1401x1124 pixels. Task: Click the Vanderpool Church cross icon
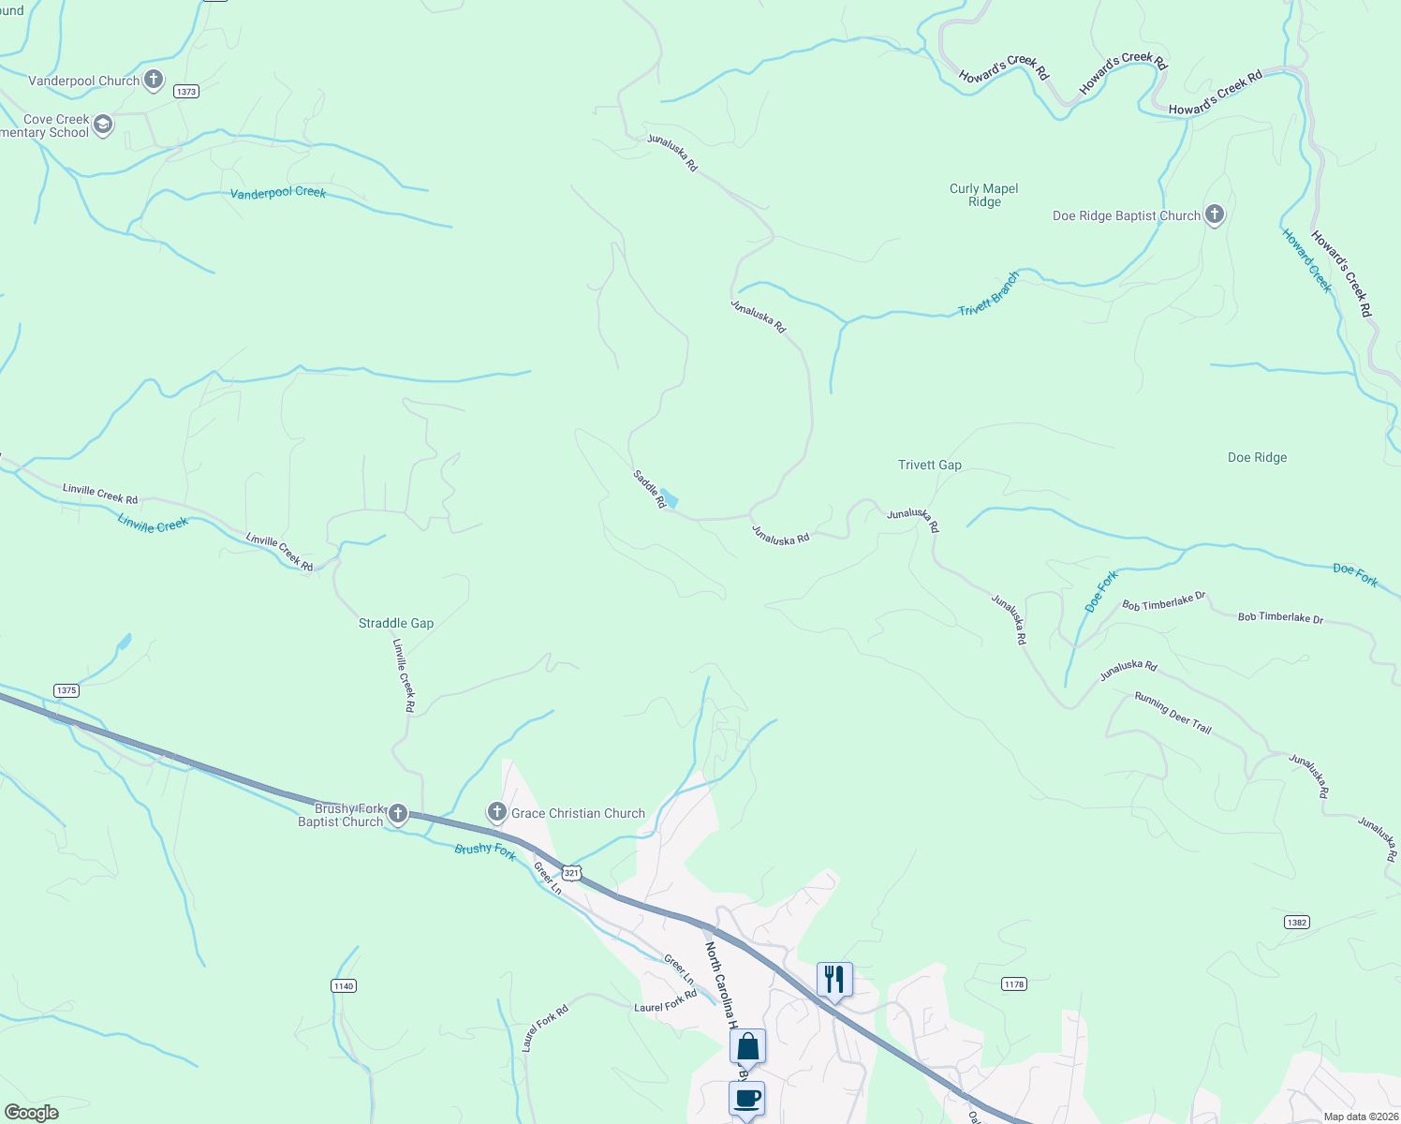154,80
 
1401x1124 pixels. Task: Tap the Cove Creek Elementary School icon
103,125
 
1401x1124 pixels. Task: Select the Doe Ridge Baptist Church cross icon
1214,214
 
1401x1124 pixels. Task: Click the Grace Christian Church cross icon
496,812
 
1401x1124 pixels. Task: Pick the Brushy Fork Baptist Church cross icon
398,813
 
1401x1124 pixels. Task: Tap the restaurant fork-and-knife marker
833,980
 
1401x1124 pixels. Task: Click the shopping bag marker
747,1045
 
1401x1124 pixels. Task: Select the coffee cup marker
746,1098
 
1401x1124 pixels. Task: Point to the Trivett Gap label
929,465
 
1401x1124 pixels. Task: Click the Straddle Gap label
396,623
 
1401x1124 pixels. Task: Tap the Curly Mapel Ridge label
983,195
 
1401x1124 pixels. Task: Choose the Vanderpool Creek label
278,192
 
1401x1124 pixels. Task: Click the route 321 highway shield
572,872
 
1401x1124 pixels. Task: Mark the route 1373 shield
186,91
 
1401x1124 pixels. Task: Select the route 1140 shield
344,985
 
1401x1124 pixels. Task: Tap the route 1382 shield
1296,922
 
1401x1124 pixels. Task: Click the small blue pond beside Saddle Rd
669,498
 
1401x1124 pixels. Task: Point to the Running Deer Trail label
1172,712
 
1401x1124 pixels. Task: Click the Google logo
32,1113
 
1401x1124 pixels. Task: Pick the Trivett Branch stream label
988,294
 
